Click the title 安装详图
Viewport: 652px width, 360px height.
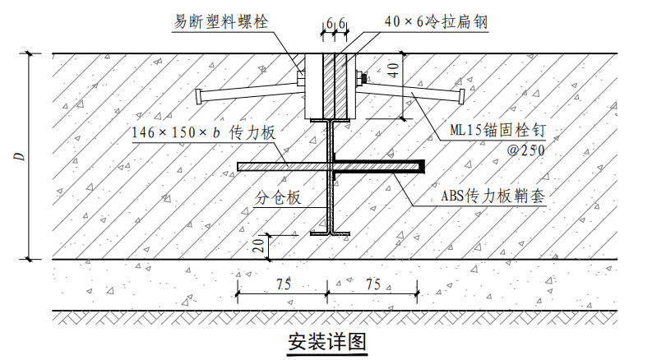click(327, 342)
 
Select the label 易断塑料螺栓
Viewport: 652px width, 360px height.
click(221, 21)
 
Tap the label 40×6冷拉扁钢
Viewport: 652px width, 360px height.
click(436, 21)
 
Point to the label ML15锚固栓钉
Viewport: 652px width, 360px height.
click(497, 131)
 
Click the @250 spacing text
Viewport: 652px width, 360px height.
click(525, 150)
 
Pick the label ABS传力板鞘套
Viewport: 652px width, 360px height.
click(492, 196)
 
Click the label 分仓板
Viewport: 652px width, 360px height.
click(277, 197)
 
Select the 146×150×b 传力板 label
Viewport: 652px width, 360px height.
click(204, 133)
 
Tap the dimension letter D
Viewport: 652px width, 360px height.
click(20, 156)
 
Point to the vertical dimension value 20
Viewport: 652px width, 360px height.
click(259, 245)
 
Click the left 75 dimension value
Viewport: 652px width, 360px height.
click(283, 284)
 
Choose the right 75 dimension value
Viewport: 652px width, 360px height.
click(373, 284)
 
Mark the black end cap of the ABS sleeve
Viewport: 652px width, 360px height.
click(422, 166)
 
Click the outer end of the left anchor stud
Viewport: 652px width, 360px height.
click(199, 97)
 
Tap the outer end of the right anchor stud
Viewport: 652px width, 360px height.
click(461, 96)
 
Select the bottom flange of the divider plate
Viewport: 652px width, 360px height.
click(330, 233)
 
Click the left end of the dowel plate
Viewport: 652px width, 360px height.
click(239, 166)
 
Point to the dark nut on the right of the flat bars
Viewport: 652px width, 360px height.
click(363, 78)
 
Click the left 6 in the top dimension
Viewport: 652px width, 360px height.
click(330, 24)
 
